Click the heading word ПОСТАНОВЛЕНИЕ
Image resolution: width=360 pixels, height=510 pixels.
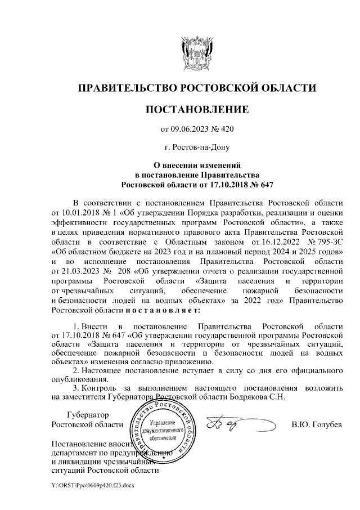tap(197, 108)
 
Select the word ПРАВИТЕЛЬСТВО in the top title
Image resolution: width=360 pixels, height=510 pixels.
tap(127, 88)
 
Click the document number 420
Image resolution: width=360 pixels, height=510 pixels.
tap(226, 129)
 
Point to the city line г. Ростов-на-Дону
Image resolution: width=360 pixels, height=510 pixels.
tap(197, 149)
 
